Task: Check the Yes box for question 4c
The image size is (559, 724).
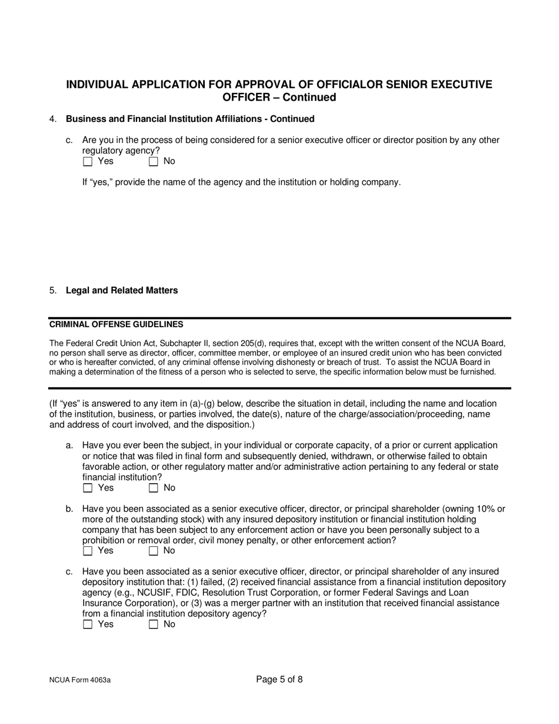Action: pyautogui.click(x=88, y=161)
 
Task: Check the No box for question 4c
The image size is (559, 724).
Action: pyautogui.click(x=154, y=161)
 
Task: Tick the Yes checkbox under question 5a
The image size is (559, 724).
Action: pyautogui.click(x=88, y=488)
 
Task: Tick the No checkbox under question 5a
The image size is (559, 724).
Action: pyautogui.click(x=154, y=488)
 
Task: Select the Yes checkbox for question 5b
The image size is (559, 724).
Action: pyautogui.click(x=88, y=551)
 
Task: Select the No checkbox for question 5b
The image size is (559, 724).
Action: pyautogui.click(x=154, y=551)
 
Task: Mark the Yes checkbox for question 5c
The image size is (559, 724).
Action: pyautogui.click(x=88, y=625)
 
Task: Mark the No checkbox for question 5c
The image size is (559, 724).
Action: pyautogui.click(x=154, y=625)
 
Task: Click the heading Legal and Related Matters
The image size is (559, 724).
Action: pyautogui.click(x=121, y=290)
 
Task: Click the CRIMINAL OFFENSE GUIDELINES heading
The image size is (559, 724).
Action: pyautogui.click(x=116, y=324)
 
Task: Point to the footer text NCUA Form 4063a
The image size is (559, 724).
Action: pyautogui.click(x=80, y=680)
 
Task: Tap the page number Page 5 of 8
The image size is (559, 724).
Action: pyautogui.click(x=279, y=679)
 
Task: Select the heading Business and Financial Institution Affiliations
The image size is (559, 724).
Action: pyautogui.click(x=189, y=119)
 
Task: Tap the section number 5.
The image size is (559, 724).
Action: pyautogui.click(x=53, y=290)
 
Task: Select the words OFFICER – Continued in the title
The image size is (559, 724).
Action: pyautogui.click(x=279, y=98)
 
